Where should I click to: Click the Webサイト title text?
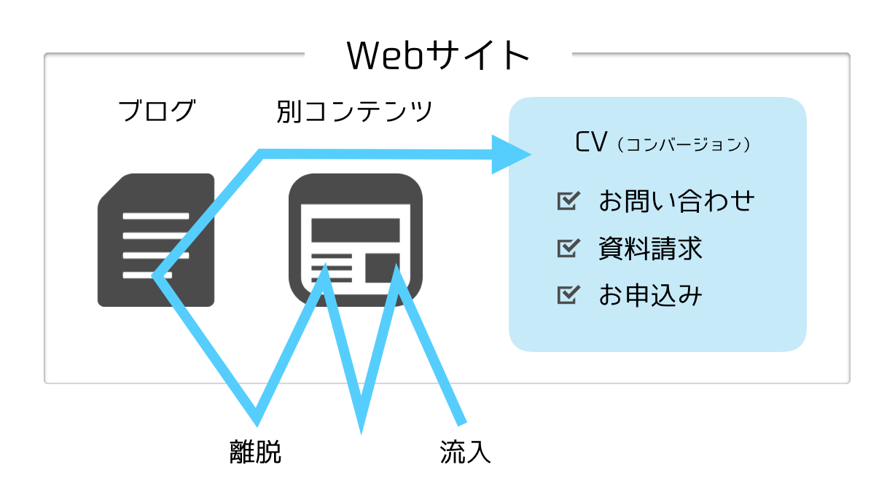click(x=438, y=55)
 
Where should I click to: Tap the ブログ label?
click(x=157, y=111)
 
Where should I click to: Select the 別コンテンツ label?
click(x=354, y=111)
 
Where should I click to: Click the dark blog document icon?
click(x=156, y=240)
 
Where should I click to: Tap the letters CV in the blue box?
click(x=591, y=141)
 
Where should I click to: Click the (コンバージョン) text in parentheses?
click(x=684, y=144)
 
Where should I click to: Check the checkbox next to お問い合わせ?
click(x=568, y=200)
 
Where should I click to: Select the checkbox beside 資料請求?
click(x=568, y=248)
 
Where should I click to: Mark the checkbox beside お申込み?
click(x=568, y=295)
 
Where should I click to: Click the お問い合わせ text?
click(x=676, y=200)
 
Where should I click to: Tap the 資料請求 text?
click(x=650, y=248)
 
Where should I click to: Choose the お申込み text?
click(x=650, y=295)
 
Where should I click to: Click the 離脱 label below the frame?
click(x=255, y=452)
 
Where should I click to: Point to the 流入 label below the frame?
click(x=466, y=452)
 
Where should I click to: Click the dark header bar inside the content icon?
click(x=356, y=230)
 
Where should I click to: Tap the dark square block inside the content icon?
click(x=383, y=267)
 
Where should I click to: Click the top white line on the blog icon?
click(x=156, y=216)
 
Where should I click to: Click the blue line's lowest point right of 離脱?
click(x=361, y=432)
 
